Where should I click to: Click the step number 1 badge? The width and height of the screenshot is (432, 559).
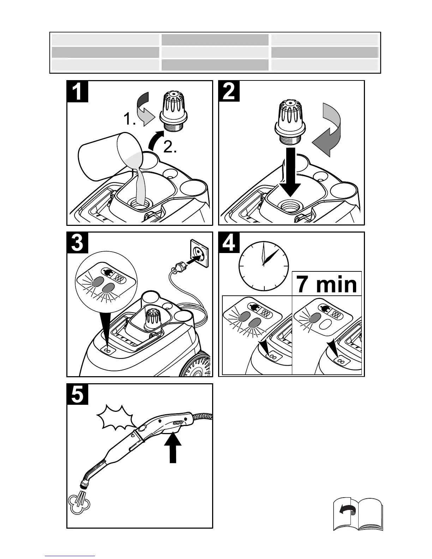[77, 91]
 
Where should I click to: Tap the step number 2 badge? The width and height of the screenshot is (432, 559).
[229, 91]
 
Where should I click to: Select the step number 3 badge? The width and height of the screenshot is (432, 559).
[77, 243]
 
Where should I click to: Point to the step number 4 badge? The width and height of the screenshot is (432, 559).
[229, 243]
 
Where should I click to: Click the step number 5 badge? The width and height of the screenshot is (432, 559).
[77, 395]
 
